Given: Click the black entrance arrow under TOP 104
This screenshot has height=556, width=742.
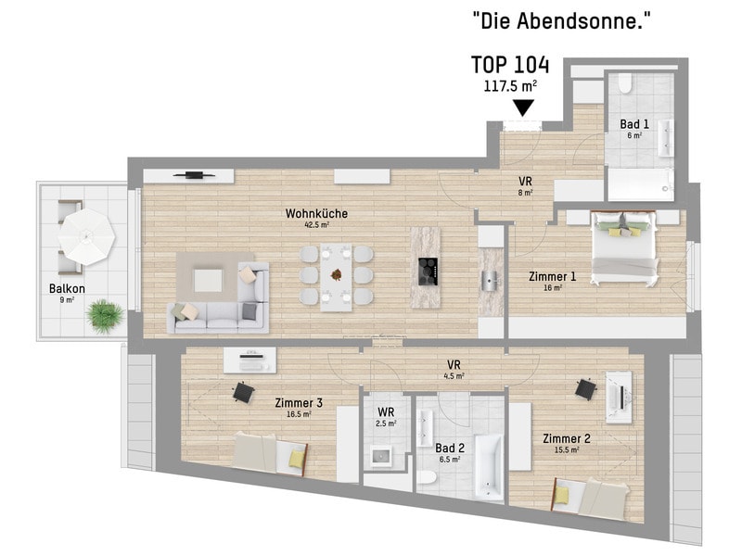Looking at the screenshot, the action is tap(523, 107).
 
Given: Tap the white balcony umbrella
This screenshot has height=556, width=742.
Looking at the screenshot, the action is tap(86, 236).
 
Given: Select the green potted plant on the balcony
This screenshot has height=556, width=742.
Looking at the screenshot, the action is tap(105, 316).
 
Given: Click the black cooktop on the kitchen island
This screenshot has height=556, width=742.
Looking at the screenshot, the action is tap(428, 272).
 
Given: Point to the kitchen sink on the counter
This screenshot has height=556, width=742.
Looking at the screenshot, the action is tap(490, 281).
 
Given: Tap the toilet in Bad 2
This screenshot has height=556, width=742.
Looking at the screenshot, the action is tap(427, 477).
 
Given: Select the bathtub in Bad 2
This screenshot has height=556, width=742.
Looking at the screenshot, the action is tap(489, 468).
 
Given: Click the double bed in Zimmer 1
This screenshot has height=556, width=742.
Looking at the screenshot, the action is tap(623, 248).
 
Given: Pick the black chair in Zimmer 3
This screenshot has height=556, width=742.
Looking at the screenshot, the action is tap(243, 392).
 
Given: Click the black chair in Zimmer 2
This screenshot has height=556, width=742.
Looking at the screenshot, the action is tap(586, 388).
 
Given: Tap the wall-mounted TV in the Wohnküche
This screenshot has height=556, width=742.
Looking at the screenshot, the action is tap(195, 175).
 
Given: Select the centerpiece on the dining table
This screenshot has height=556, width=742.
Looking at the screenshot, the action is tap(337, 274).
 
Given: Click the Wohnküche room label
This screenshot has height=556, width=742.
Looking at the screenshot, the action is tap(316, 214).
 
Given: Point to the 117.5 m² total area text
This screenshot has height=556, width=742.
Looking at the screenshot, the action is tap(510, 86).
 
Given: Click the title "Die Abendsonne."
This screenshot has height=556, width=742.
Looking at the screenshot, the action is tap(561, 20).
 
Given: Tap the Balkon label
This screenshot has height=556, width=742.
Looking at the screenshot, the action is tap(67, 288).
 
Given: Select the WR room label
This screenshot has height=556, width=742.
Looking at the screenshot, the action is tap(386, 411).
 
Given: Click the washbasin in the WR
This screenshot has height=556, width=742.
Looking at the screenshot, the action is tap(380, 456).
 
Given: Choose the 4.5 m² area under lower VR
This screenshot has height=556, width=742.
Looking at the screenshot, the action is tap(454, 376).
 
